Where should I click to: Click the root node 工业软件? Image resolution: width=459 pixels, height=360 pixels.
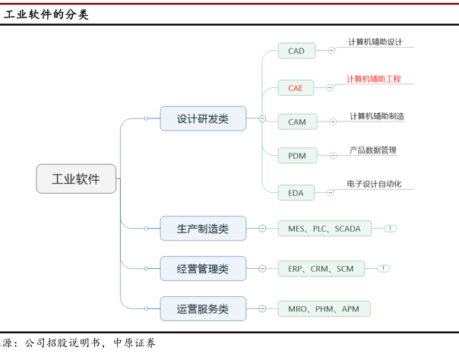pos(77,179)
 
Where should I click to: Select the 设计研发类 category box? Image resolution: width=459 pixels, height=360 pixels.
pos(203,118)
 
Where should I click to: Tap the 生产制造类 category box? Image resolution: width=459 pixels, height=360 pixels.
pos(203,228)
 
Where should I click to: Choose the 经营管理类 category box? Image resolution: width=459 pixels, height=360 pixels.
pos(203,268)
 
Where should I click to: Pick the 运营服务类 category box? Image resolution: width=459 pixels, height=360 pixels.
pos(203,308)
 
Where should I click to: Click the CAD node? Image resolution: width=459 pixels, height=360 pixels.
pos(296,51)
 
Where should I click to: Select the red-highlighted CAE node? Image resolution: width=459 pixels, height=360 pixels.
pos(296,87)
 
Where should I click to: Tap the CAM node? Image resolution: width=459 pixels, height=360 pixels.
pos(296,122)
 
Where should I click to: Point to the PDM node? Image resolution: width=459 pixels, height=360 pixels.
pos(296,156)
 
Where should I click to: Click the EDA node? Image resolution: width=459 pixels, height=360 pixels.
pos(296,192)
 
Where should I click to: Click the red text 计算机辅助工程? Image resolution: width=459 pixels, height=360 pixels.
pos(374,79)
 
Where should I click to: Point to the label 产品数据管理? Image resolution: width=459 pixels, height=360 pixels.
pos(373,150)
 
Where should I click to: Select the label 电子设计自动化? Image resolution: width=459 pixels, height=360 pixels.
pos(374,184)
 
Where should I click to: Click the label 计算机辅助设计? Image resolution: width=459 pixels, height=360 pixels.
pos(375,42)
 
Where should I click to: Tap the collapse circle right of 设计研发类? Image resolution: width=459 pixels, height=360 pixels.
pos(262,118)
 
